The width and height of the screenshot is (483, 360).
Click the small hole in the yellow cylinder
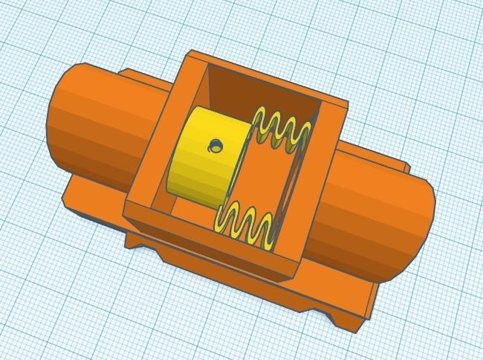(215, 144)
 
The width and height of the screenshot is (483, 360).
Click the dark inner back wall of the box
(260, 89)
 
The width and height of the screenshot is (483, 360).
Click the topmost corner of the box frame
(193, 54)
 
